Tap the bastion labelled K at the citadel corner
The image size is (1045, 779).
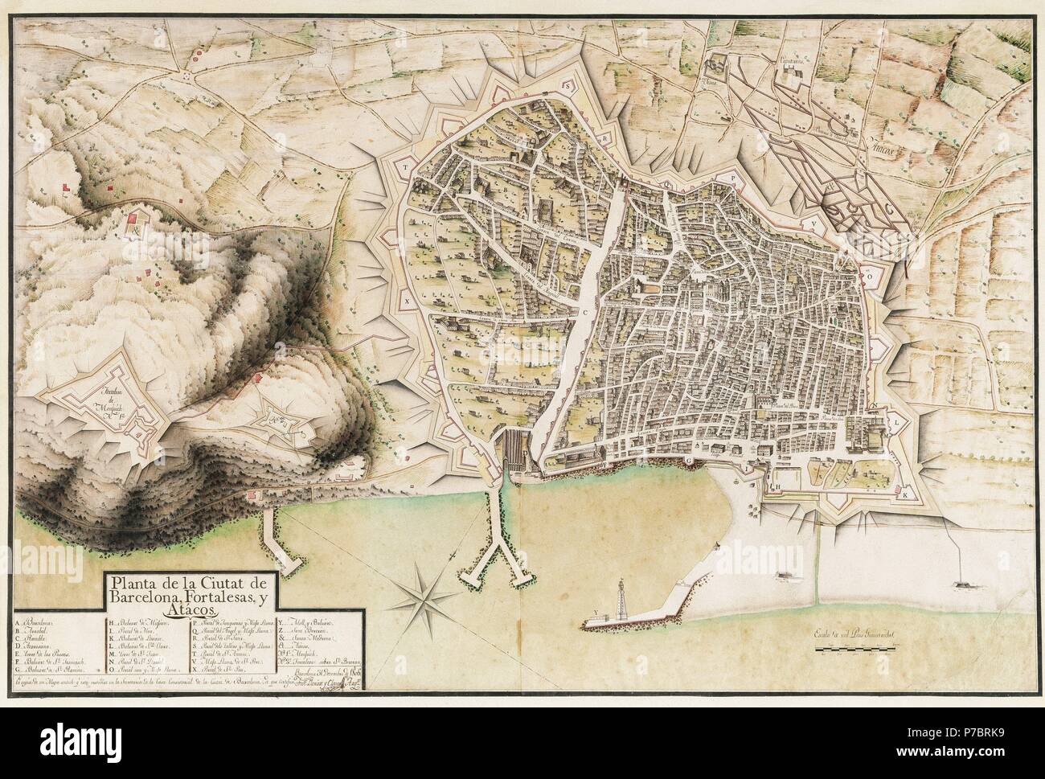click(906, 495)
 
